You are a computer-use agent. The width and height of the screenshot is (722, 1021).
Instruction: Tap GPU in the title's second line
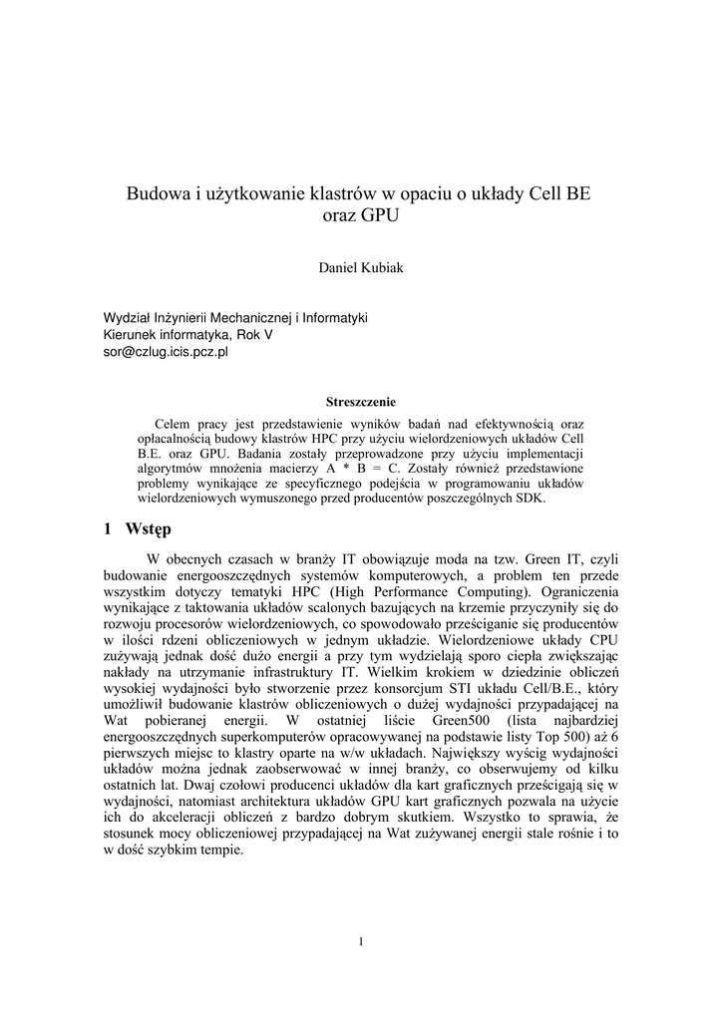point(379,214)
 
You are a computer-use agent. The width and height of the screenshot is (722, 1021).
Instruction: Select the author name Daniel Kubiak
point(360,267)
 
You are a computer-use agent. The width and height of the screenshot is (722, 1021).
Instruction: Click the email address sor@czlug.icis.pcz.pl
point(167,352)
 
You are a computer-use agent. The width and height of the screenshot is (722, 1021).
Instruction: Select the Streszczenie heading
point(360,403)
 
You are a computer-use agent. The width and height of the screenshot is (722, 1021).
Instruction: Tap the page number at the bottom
point(361,941)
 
